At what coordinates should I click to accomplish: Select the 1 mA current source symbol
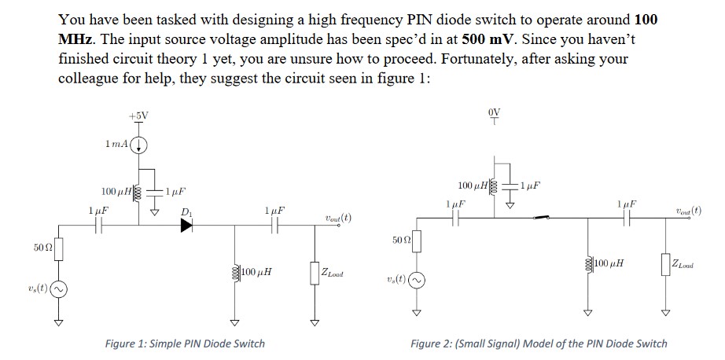[139, 145]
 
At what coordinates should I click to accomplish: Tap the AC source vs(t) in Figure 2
[417, 280]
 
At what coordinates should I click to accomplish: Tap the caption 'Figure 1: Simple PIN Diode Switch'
[185, 343]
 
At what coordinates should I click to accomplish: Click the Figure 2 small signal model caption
[539, 343]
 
